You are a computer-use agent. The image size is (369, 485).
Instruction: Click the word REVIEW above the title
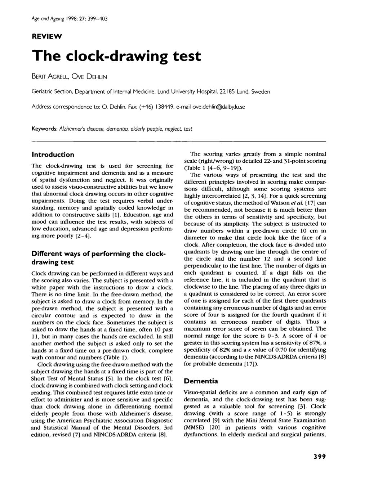point(46,36)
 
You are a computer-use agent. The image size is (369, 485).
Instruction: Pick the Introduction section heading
point(53,154)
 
